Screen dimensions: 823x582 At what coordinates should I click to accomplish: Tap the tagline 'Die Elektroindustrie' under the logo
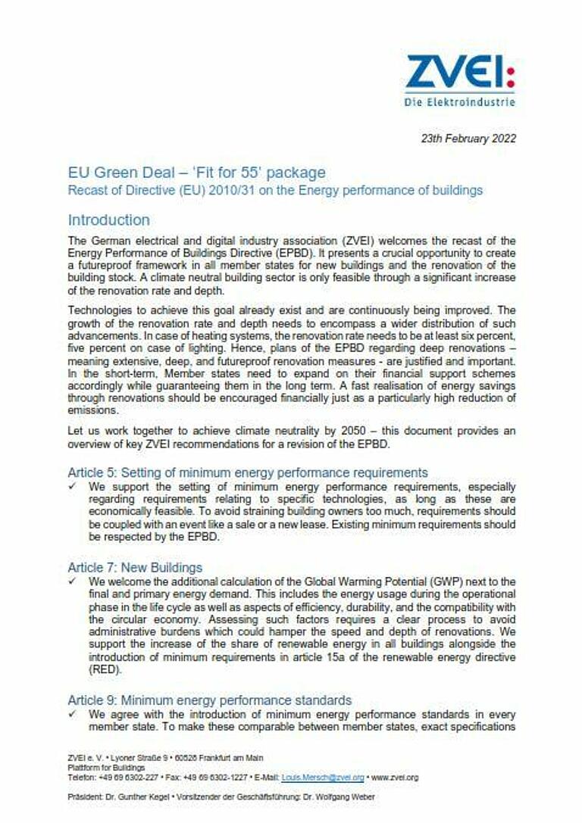tap(459, 101)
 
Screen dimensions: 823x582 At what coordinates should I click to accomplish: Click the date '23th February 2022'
tap(468, 139)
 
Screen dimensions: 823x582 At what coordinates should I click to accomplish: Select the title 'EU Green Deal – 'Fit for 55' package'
tap(196, 173)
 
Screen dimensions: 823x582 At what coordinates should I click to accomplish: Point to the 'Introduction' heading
tap(108, 220)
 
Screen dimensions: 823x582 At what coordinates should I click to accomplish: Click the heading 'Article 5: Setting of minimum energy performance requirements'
tap(248, 472)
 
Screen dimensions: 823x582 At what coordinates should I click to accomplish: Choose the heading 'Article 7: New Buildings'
tap(135, 567)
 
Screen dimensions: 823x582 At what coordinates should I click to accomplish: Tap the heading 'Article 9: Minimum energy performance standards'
tap(210, 700)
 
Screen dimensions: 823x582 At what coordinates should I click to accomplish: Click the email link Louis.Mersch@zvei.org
tap(323, 778)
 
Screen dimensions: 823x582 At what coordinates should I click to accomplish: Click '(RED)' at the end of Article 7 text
tap(105, 670)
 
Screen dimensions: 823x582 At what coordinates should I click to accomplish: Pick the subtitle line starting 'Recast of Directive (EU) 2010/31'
tap(275, 191)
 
